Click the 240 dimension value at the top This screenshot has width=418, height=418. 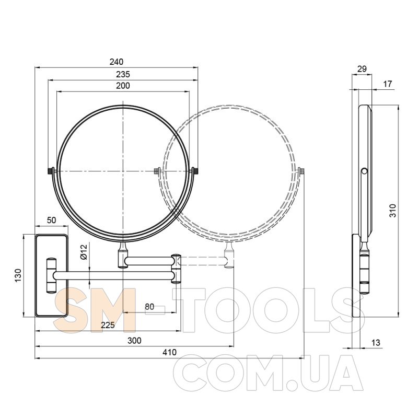coord(117,62)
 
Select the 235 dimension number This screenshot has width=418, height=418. coord(123,74)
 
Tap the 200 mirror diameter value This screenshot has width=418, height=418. coord(123,86)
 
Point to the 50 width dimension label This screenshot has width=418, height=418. coord(51,220)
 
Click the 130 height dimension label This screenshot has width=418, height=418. coord(18,275)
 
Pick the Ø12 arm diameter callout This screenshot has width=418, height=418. coord(84,252)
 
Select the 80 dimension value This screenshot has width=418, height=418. coord(149,307)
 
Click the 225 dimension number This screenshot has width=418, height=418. coord(108,325)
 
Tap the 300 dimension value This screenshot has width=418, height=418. coord(134,341)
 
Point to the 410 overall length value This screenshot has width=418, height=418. coord(169,352)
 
